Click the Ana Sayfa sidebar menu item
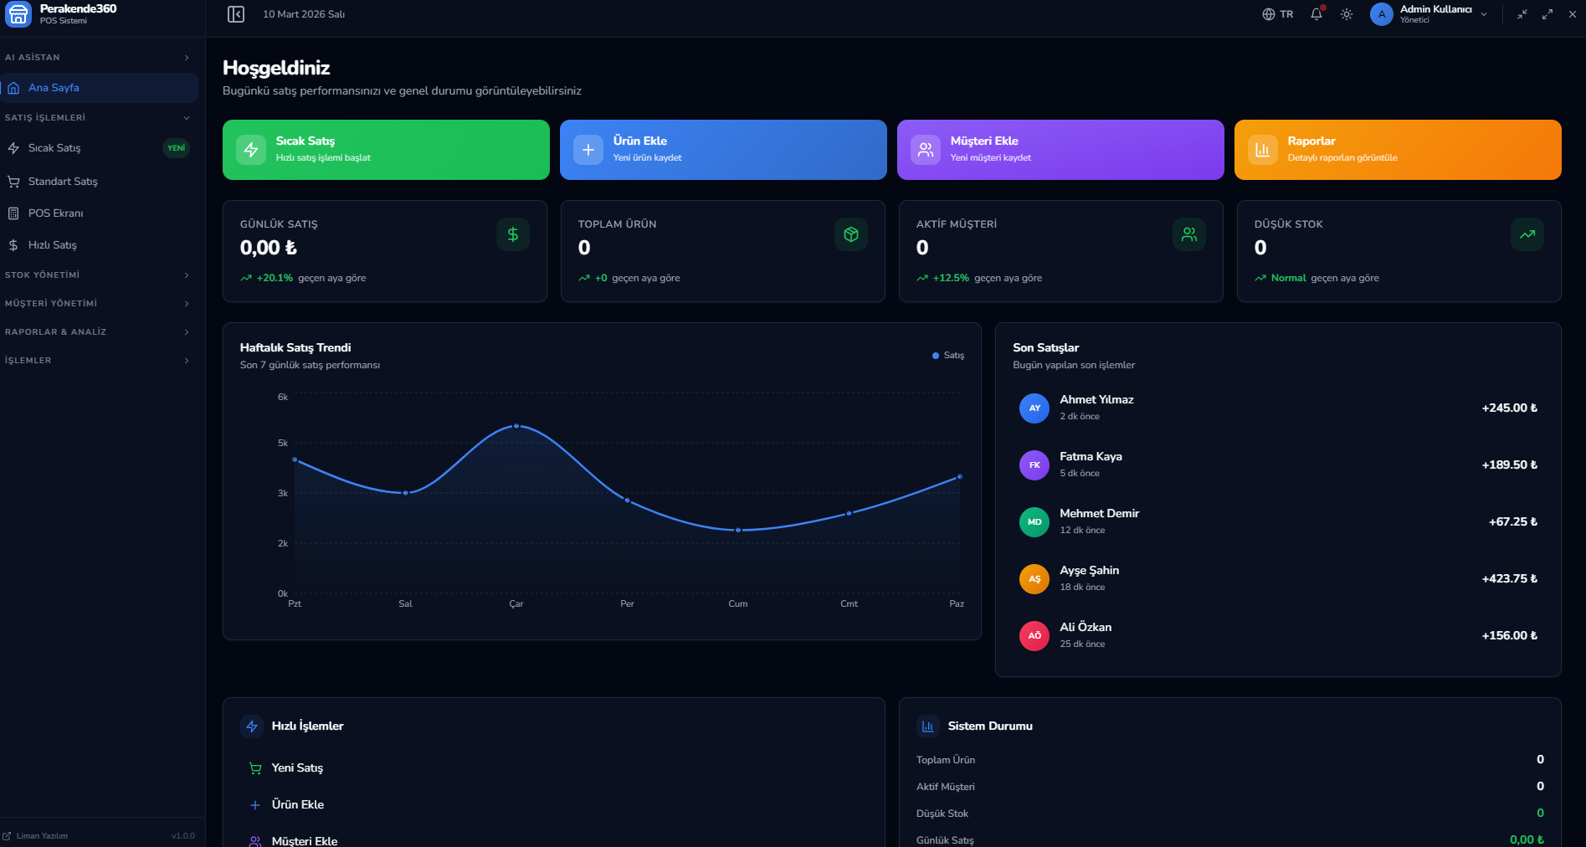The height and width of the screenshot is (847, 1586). pos(54,88)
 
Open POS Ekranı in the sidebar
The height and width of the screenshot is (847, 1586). pos(55,213)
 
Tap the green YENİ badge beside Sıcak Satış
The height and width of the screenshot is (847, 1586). pos(176,148)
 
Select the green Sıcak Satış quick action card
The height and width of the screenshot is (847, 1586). pos(386,150)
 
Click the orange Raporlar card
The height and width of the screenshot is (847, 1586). pos(1397,150)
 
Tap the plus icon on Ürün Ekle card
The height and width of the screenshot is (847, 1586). pos(588,150)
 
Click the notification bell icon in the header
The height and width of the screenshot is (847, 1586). pos(1317,14)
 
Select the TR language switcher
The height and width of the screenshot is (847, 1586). pos(1278,14)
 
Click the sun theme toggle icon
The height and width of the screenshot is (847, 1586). pos(1347,14)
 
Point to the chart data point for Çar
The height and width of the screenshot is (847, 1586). pos(516,426)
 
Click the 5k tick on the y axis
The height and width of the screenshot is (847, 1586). pos(283,443)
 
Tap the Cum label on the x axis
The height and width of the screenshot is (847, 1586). pos(737,603)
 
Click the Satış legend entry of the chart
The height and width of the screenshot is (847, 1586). pos(948,356)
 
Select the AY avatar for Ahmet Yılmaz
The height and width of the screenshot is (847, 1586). pos(1034,408)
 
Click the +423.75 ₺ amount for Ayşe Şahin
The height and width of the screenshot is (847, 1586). pos(1509,578)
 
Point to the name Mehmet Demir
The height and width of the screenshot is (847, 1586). pos(1099,513)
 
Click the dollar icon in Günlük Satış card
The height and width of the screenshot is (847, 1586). pos(513,234)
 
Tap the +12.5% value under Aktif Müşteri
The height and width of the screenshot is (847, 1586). pos(951,278)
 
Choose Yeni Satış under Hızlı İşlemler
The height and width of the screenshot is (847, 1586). pos(297,767)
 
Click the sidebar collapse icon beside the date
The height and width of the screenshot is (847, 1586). pos(236,14)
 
